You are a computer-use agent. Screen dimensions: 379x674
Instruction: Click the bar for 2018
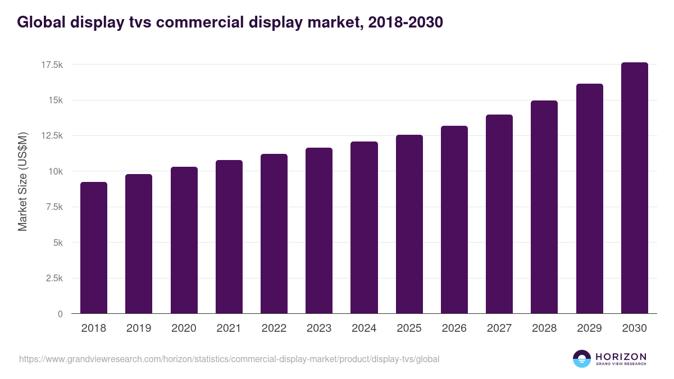(x=94, y=248)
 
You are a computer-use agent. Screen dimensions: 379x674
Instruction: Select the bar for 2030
(x=634, y=188)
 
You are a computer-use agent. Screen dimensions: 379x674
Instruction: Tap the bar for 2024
(x=364, y=227)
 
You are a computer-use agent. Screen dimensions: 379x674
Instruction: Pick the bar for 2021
(x=229, y=237)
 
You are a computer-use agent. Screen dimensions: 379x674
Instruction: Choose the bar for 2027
(x=499, y=214)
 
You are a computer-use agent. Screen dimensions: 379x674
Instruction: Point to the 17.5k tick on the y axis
(x=52, y=65)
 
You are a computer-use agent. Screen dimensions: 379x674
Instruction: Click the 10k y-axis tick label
(x=55, y=171)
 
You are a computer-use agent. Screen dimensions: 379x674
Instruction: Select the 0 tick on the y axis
(x=60, y=314)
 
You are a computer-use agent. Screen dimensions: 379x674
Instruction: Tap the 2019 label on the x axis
(x=139, y=328)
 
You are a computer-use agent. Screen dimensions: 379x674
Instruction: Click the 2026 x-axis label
(x=454, y=328)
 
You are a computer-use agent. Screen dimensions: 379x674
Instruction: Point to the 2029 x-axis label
(x=589, y=328)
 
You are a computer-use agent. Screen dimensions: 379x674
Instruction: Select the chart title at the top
(x=230, y=22)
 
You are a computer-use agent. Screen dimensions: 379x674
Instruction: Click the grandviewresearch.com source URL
(x=229, y=359)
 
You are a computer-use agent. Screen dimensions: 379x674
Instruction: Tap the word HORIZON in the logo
(x=621, y=357)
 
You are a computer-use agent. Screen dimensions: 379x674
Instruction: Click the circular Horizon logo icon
(x=582, y=359)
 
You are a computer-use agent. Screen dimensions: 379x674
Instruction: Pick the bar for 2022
(x=274, y=234)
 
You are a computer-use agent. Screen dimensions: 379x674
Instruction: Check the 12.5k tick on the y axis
(x=52, y=136)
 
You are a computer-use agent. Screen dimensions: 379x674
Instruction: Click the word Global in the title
(x=40, y=22)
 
